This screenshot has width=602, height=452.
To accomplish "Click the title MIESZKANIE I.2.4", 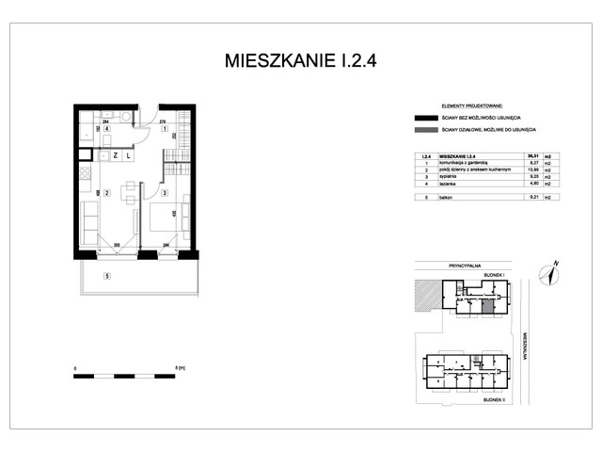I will [301, 62].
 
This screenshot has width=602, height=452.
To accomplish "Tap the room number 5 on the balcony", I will [107, 276].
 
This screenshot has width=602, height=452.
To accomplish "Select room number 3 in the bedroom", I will [164, 193].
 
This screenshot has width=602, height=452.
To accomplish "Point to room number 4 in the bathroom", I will [107, 128].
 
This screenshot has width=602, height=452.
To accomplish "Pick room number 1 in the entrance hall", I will [164, 128].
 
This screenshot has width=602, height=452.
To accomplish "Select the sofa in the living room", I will [87, 222].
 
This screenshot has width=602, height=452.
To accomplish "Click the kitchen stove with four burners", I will [85, 173].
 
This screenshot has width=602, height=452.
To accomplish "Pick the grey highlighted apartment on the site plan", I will [487, 305].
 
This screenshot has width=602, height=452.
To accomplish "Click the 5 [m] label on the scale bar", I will [180, 367].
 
